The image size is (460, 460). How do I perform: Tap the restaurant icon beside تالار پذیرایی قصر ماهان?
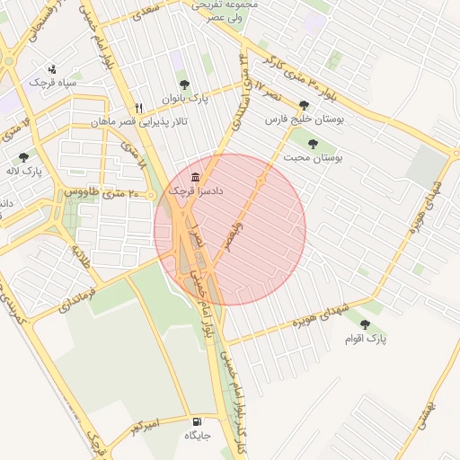138,106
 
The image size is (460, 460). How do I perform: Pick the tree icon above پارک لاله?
23,157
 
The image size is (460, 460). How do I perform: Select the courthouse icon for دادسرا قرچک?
196,175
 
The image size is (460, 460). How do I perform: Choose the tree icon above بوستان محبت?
313,142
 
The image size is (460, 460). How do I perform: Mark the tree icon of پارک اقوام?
365,324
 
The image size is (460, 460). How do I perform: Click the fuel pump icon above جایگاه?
196,420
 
